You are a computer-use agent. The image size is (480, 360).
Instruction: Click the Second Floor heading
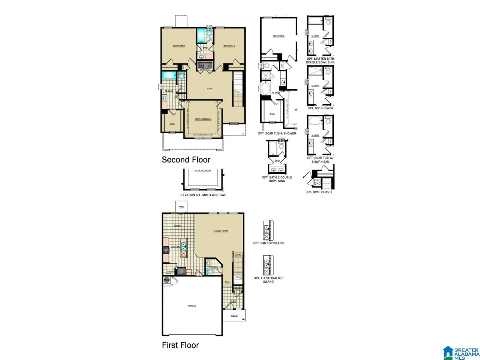click(186, 160)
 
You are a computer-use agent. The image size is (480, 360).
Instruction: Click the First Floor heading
click(180, 345)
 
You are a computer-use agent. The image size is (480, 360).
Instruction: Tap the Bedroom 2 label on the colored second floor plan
click(179, 46)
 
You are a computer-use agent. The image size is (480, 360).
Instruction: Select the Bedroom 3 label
click(229, 46)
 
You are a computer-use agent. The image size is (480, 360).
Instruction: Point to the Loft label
click(210, 89)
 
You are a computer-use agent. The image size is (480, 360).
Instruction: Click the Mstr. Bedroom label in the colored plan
click(203, 119)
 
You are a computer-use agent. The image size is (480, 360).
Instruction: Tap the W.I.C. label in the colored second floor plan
click(172, 124)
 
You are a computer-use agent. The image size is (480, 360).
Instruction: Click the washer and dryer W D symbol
click(205, 66)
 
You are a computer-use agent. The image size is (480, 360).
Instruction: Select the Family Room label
click(221, 231)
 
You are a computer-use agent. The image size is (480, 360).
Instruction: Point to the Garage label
click(192, 306)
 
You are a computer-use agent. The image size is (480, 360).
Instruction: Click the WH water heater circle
click(167, 280)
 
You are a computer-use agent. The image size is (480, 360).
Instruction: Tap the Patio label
click(181, 207)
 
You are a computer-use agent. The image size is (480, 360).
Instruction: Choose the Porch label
click(234, 315)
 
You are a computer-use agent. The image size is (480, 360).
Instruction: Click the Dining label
click(177, 226)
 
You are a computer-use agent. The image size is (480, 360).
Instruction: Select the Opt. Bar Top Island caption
click(268, 243)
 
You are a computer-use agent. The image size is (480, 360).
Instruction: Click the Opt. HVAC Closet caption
click(319, 192)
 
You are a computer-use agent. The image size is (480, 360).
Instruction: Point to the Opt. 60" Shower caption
click(320, 108)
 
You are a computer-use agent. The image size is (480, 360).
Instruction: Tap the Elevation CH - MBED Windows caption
click(203, 195)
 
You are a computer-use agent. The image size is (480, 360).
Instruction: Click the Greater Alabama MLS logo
click(461, 352)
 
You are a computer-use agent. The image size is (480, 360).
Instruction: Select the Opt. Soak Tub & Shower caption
click(277, 133)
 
